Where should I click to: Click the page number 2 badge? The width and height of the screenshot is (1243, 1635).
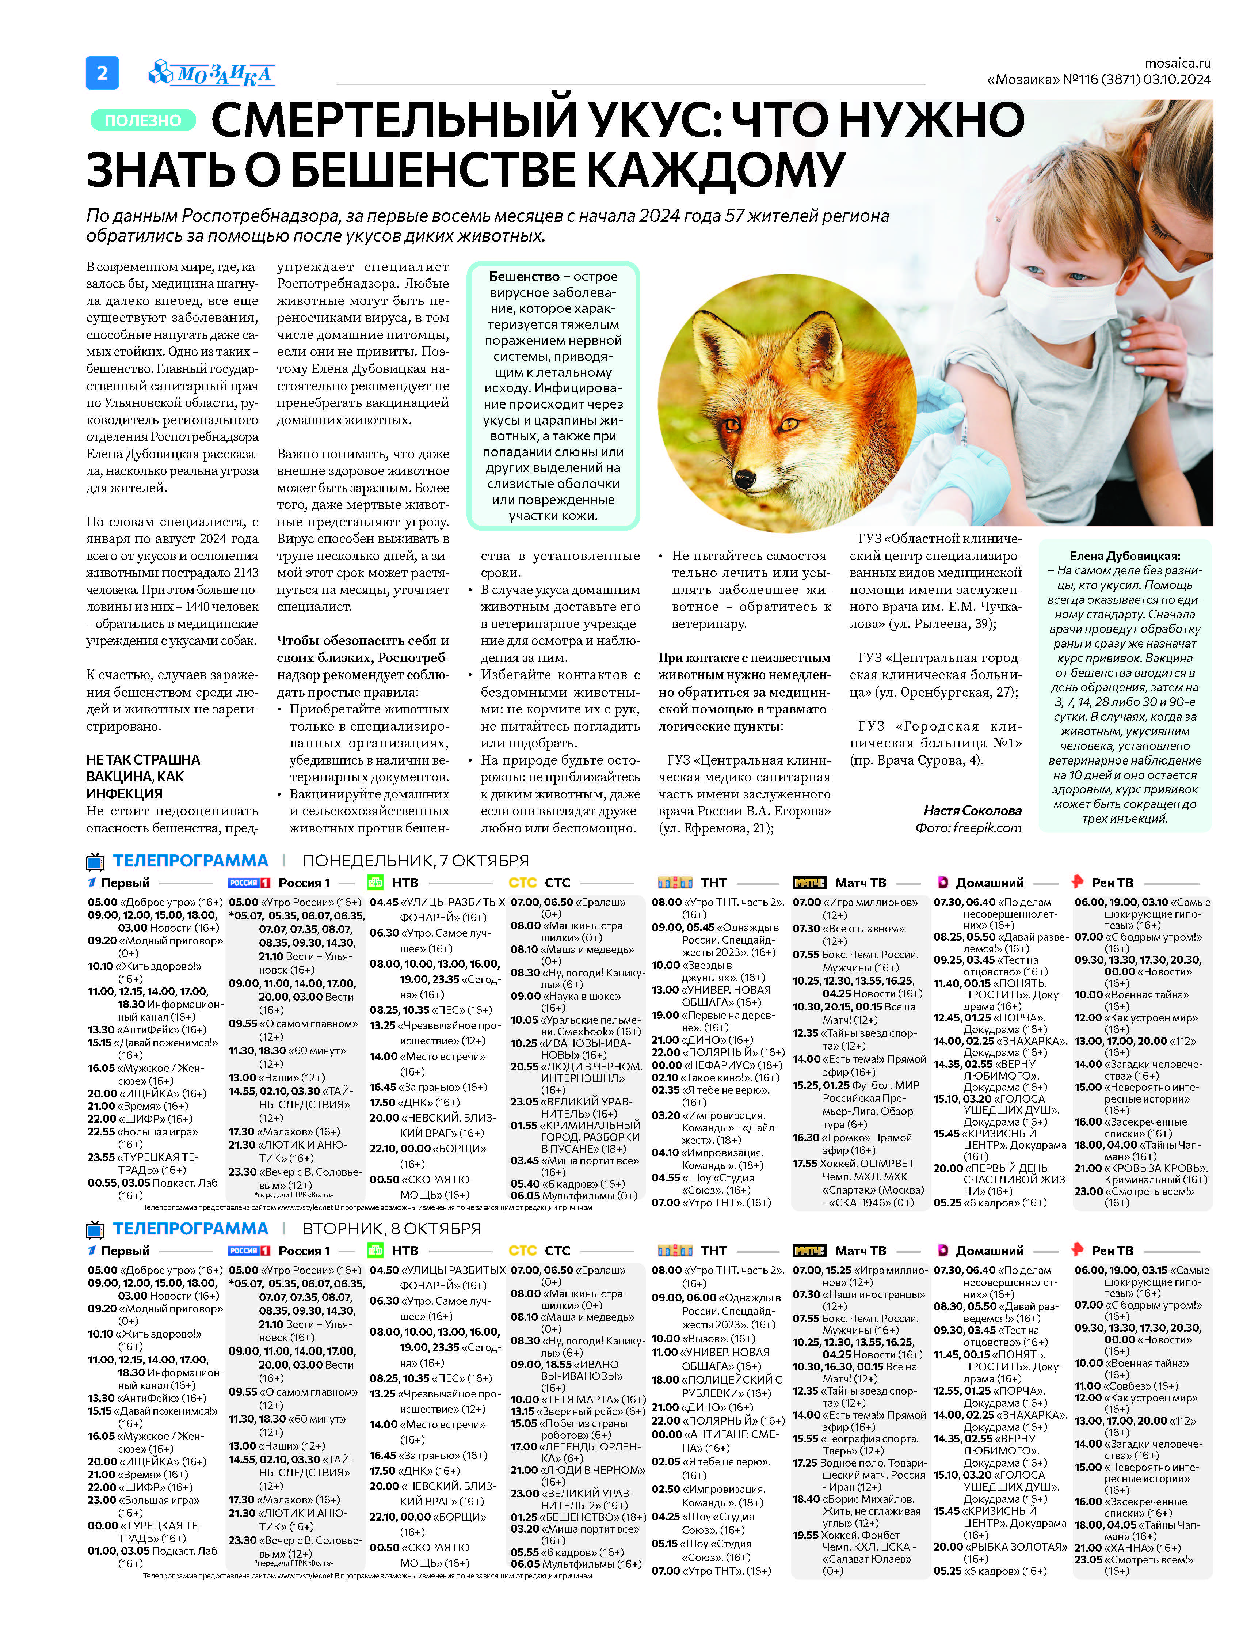(102, 72)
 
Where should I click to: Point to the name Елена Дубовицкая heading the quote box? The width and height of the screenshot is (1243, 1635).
(1125, 556)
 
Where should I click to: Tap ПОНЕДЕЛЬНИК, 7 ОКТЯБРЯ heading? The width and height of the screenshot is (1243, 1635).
(416, 861)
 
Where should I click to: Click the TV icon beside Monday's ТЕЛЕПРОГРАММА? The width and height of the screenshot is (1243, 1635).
(95, 862)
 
